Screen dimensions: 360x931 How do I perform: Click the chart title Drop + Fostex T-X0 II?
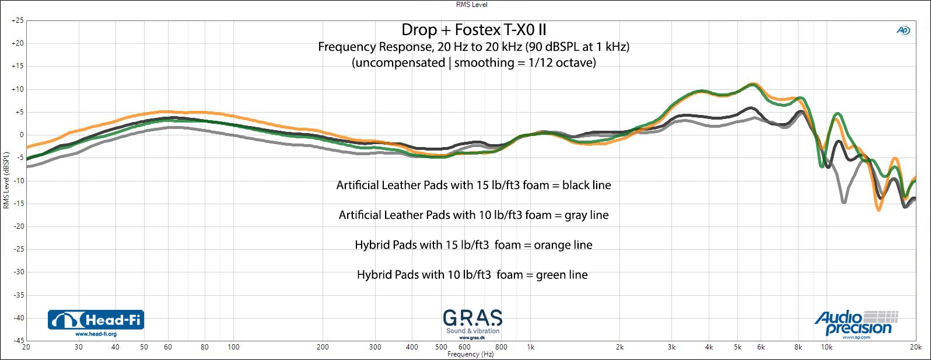[x=474, y=30]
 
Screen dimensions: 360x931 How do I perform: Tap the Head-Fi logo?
[x=96, y=320]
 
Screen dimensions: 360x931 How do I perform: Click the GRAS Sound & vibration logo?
[x=473, y=324]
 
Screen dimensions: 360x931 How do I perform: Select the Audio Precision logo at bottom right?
[x=856, y=324]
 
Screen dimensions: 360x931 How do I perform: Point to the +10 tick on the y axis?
[x=17, y=89]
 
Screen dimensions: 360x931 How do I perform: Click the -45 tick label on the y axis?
[x=17, y=340]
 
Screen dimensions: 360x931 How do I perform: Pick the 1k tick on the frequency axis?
[x=530, y=347]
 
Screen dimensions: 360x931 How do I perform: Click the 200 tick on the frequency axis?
[x=323, y=347]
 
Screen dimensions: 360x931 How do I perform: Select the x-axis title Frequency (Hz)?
[x=470, y=354]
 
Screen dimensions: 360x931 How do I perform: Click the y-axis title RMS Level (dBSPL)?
[x=6, y=181]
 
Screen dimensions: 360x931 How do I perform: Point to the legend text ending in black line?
[x=474, y=186]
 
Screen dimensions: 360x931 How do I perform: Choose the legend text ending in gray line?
[x=474, y=215]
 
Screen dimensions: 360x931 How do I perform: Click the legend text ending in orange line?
[x=474, y=245]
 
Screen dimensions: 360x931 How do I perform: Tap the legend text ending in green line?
[x=473, y=275]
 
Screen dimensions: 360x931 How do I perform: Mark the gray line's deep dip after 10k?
[x=843, y=202]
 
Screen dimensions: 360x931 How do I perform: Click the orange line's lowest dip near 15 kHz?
[x=879, y=209]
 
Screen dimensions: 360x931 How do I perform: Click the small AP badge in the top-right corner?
[x=903, y=30]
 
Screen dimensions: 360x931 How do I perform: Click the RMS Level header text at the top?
[x=471, y=5]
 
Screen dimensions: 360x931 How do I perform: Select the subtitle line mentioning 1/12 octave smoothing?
[x=474, y=63]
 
